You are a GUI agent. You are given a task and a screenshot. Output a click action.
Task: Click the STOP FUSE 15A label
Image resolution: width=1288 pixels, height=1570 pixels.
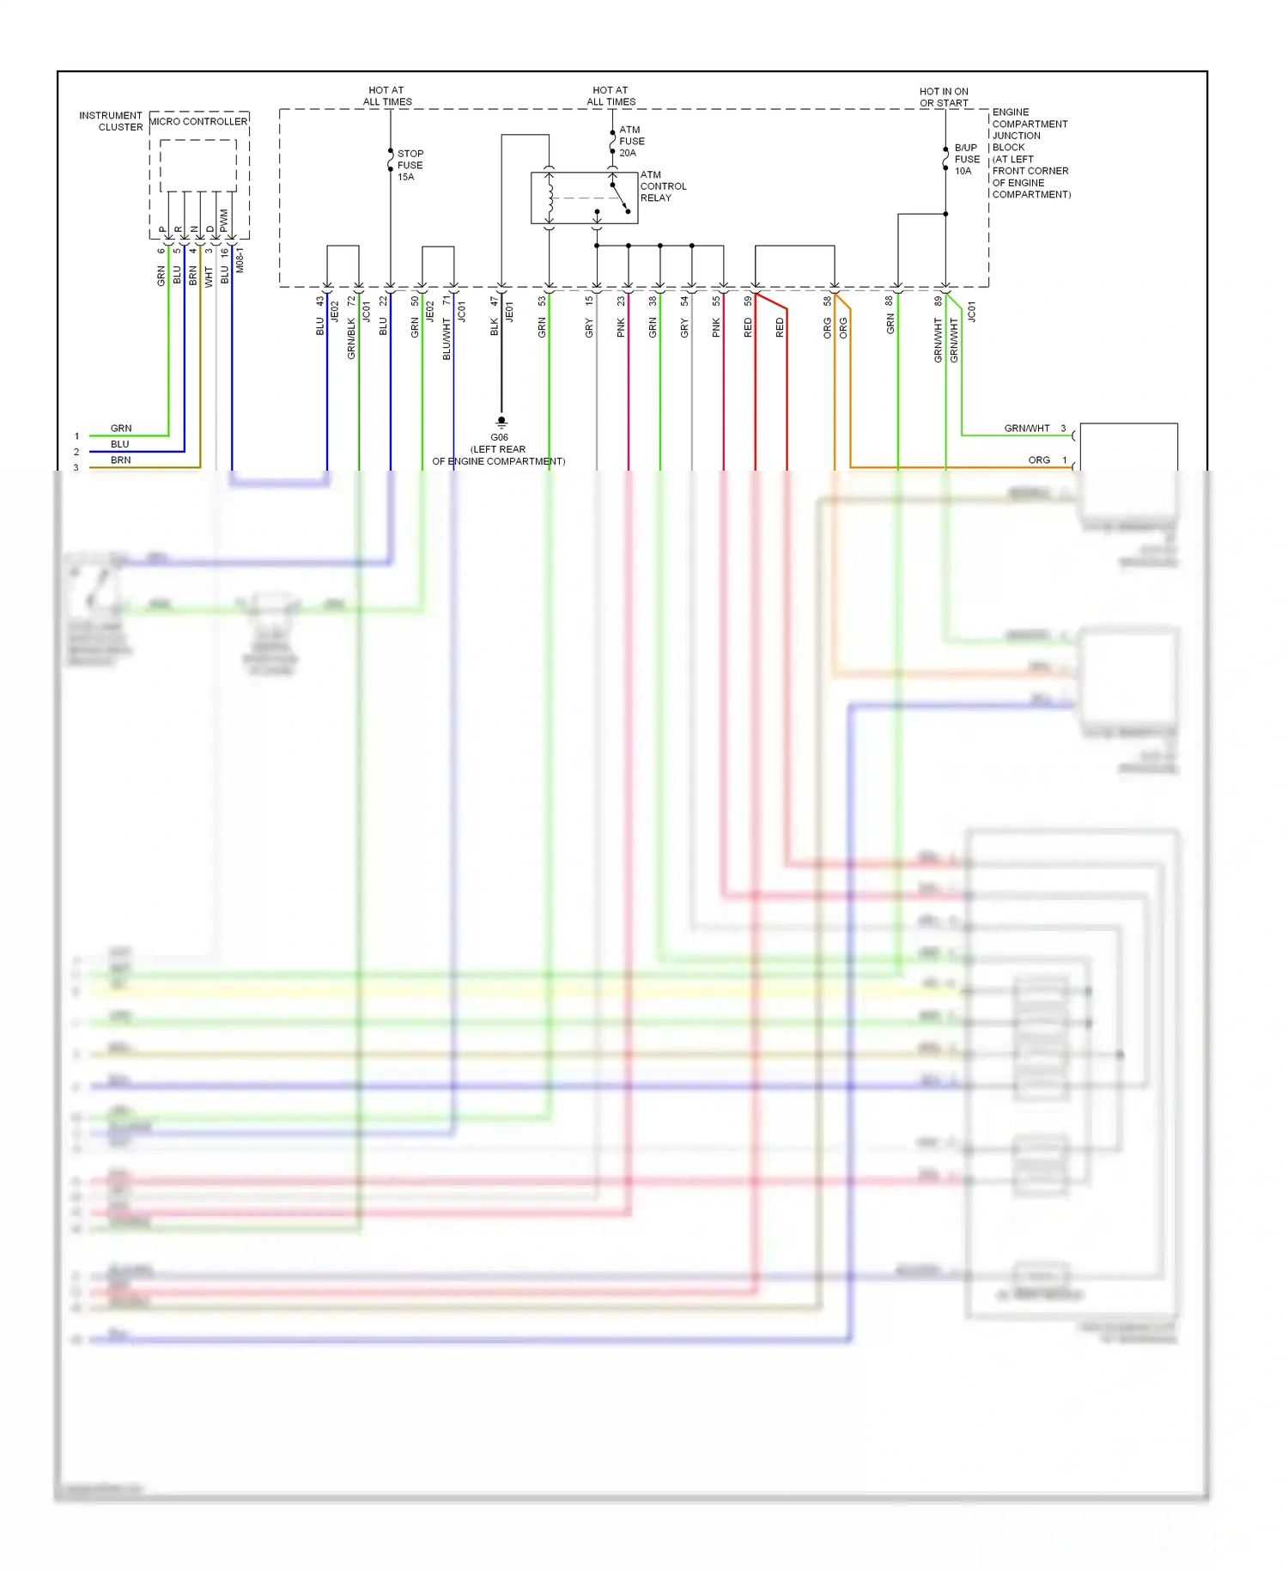click(410, 165)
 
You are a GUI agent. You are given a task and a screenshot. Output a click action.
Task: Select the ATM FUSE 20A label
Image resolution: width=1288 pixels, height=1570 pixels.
click(631, 142)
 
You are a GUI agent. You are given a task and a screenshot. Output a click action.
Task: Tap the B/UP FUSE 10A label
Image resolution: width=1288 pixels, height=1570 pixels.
click(966, 160)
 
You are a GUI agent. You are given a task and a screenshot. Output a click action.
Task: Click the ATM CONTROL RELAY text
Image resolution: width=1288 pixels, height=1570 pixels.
click(662, 186)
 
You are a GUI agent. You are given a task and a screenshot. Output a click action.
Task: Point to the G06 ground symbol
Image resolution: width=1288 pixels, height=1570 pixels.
click(501, 422)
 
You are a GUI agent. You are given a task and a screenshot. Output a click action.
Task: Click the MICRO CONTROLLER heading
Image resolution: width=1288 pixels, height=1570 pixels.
click(198, 122)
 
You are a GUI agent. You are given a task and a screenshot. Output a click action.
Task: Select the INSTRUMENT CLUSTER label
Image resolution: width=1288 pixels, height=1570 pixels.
click(112, 121)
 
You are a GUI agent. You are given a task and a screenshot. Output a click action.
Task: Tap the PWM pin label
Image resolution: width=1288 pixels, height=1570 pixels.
click(224, 221)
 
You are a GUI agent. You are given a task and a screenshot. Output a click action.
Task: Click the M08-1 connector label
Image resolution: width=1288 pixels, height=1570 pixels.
click(240, 260)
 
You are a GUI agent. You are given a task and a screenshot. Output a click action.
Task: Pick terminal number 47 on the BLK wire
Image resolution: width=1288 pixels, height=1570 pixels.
click(495, 301)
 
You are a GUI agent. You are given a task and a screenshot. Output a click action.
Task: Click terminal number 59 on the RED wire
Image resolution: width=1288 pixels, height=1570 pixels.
click(748, 301)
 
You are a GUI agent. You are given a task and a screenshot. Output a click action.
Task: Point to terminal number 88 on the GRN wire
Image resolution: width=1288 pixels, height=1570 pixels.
click(890, 301)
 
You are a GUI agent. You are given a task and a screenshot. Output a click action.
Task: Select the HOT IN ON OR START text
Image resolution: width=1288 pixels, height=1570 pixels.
click(944, 97)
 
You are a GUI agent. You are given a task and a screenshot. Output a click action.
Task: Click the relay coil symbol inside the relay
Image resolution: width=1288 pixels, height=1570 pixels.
click(550, 198)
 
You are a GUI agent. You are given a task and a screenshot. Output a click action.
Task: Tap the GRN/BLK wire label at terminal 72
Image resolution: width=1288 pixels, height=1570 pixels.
click(351, 338)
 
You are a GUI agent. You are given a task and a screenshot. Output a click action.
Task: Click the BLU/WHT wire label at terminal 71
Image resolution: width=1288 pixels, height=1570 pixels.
click(447, 338)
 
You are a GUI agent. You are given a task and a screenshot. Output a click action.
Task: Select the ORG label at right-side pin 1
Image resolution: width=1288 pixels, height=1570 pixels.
click(1039, 460)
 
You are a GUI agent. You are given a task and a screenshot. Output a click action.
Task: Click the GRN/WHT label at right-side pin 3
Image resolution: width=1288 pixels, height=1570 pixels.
click(1027, 429)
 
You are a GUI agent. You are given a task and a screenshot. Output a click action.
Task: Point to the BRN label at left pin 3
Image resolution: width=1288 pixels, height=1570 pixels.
click(121, 460)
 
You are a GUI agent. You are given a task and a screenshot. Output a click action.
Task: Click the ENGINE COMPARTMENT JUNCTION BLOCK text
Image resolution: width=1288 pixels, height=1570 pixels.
click(1030, 153)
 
